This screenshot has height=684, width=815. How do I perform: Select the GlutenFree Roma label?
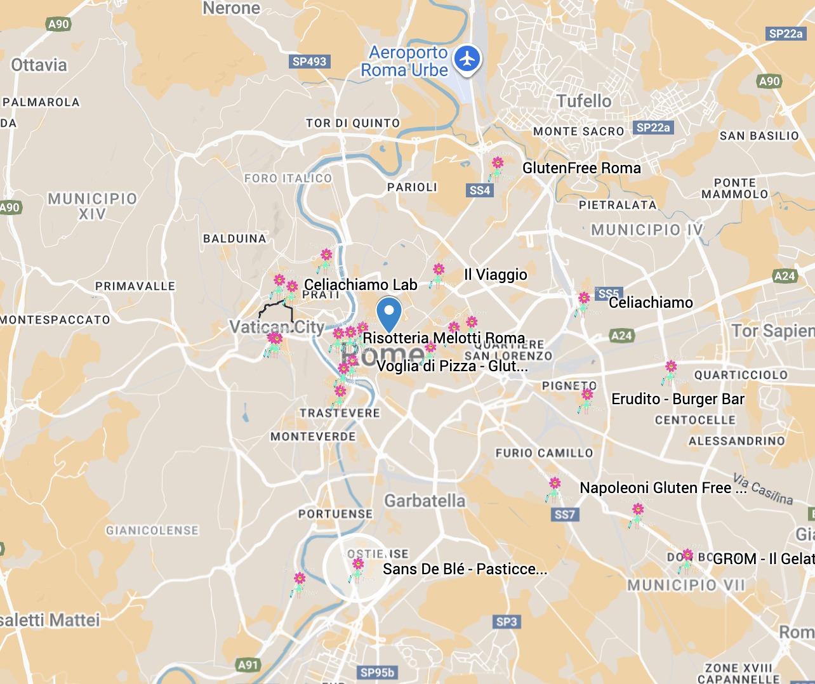[581, 168]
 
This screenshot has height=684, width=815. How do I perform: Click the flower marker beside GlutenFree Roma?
[497, 168]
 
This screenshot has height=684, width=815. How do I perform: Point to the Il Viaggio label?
[495, 275]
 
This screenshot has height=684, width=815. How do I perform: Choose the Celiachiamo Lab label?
[361, 285]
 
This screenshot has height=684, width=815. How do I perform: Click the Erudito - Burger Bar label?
[677, 399]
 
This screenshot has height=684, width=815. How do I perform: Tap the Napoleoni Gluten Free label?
[663, 488]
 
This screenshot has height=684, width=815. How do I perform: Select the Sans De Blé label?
[464, 569]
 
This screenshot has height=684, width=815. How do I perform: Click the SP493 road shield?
[309, 62]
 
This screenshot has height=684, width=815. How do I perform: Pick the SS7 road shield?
[564, 515]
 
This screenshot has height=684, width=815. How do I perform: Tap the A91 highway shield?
[248, 665]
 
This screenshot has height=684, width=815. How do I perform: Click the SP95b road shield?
[377, 673]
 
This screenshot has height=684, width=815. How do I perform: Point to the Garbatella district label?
[425, 501]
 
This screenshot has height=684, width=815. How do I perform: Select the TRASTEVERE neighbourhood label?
[340, 413]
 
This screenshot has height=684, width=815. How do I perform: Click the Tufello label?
[584, 101]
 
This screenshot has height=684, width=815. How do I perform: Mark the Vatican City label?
[277, 327]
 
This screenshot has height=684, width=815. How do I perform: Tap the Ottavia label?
[39, 65]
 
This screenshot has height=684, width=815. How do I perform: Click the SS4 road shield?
[479, 190]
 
